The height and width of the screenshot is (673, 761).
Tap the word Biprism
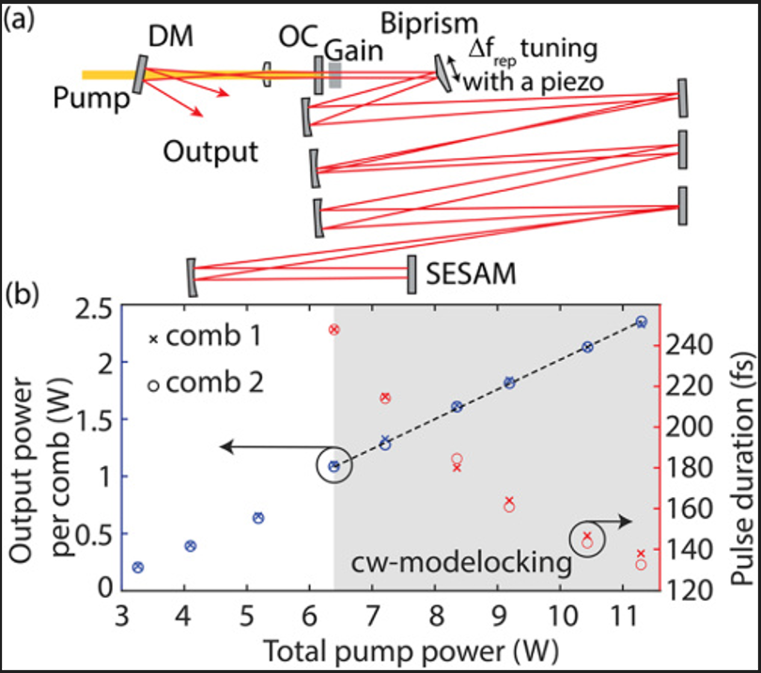pyautogui.click(x=428, y=23)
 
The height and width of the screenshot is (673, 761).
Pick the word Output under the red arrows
pyautogui.click(x=210, y=151)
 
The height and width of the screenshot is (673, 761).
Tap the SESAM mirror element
pyautogui.click(x=411, y=273)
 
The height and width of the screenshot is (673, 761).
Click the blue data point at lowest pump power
pyautogui.click(x=138, y=567)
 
